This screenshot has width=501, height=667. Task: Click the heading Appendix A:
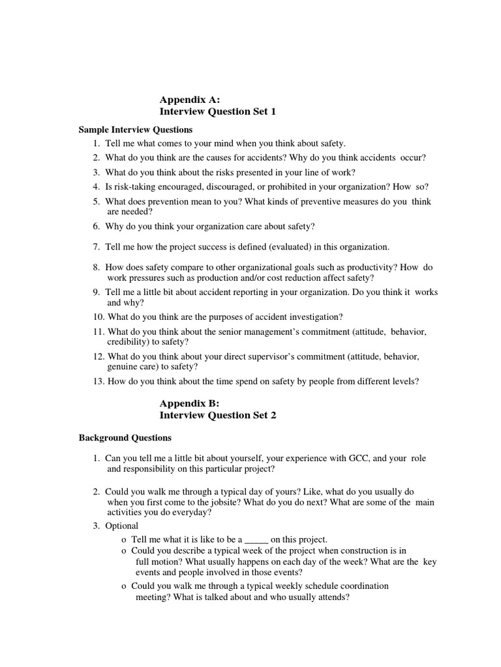[190, 100]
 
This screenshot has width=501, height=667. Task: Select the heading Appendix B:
[190, 403]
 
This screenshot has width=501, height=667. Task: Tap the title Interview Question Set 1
[218, 112]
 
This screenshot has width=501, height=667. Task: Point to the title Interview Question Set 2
[218, 416]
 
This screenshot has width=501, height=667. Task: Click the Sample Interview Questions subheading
[136, 130]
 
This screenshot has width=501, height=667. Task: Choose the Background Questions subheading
[125, 438]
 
